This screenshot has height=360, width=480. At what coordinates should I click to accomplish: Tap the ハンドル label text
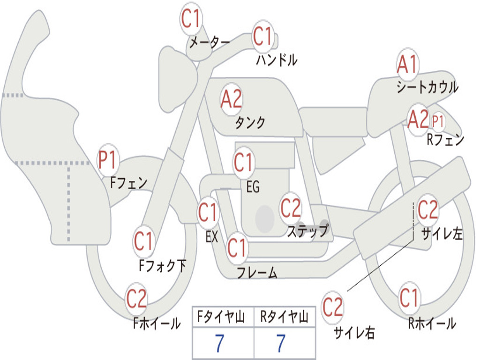coord(277,60)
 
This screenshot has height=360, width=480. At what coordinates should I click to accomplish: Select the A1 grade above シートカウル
coord(407,65)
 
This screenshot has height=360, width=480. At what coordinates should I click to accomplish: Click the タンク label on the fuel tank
coord(250,123)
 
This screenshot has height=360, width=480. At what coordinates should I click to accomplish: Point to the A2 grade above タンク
coord(232,99)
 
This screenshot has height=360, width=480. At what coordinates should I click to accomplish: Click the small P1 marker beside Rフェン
coord(438,122)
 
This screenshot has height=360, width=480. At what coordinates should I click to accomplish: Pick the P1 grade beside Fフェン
coord(108,161)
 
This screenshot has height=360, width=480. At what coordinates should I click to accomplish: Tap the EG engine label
coord(253,187)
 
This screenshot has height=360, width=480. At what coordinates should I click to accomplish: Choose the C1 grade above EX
coord(208,213)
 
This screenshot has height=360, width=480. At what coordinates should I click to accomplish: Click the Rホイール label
coord(432,323)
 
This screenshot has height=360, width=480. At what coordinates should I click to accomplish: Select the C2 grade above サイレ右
coord(333,307)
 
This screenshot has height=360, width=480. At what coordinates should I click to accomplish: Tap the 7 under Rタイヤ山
coord(281,344)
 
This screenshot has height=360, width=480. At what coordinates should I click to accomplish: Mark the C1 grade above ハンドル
coord(262,36)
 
